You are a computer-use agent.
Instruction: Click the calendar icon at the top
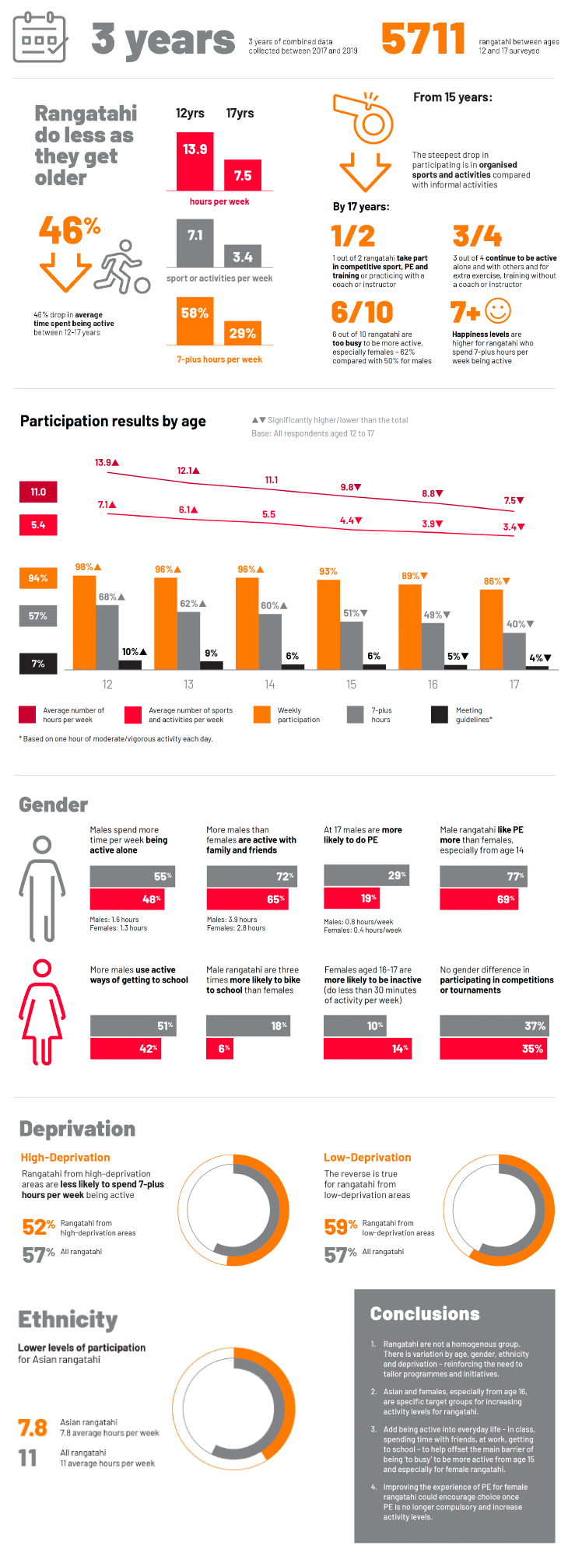tap(40, 37)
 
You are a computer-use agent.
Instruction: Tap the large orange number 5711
tap(423, 39)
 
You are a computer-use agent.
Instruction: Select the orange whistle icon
tap(363, 118)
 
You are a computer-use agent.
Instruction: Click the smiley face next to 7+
tap(498, 311)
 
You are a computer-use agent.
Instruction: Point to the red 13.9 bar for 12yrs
tap(195, 161)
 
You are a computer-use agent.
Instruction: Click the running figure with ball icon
tap(121, 267)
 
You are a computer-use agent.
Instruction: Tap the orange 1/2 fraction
tap(352, 236)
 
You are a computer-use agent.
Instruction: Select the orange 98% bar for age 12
tap(84, 622)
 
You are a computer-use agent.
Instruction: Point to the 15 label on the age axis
tap(351, 685)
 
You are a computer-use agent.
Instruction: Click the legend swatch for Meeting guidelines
tap(440, 714)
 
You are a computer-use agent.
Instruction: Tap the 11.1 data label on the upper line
tap(272, 480)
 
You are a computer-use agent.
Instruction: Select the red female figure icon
tap(42, 1011)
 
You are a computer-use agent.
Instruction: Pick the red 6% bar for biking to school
tap(221, 1049)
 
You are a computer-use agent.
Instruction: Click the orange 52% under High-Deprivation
tap(38, 1228)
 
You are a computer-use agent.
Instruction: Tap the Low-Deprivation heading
tap(367, 1158)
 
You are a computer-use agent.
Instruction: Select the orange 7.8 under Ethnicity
tap(33, 1428)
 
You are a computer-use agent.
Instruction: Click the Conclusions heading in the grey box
tap(425, 1314)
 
